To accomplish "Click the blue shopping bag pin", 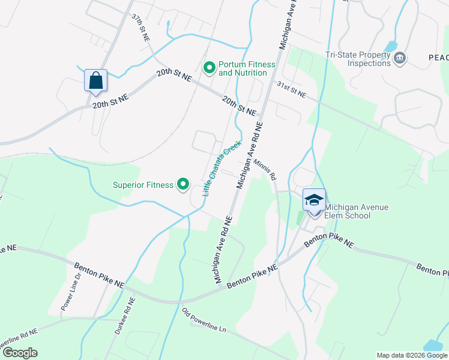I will pyautogui.click(x=95, y=80).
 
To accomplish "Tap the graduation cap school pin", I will pyautogui.click(x=314, y=200).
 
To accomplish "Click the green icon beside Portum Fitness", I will pyautogui.click(x=209, y=68).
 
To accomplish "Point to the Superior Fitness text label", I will pyautogui.click(x=143, y=185).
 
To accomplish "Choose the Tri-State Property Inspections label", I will pyautogui.click(x=358, y=59).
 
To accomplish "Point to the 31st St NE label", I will pyautogui.click(x=291, y=91).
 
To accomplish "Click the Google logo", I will pyautogui.click(x=20, y=353).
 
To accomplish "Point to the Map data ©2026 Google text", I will pyautogui.click(x=411, y=355).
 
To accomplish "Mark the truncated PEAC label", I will pyautogui.click(x=438, y=57).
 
